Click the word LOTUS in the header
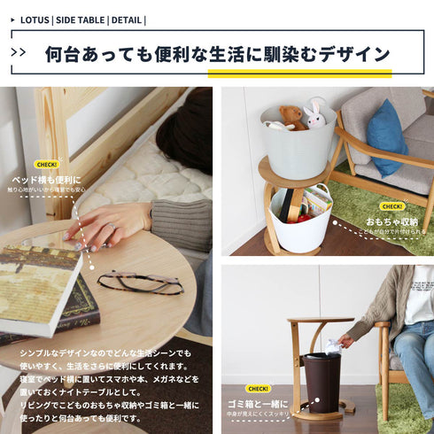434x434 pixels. coord(34,19)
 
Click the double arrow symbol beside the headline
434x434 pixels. coord(19,52)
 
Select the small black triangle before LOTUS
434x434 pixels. coord(12,19)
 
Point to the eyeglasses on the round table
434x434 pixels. coord(140,283)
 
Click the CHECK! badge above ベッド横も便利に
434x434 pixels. coord(46,164)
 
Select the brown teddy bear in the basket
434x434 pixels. coord(291,116)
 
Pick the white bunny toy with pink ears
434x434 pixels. coord(314,113)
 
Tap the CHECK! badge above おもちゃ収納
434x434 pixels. coord(391,206)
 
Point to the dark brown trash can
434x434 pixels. coord(322,381)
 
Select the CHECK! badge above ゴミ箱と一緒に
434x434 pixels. coord(258,388)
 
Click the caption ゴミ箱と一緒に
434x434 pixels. coord(257,403)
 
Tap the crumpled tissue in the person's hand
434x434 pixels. coord(332,345)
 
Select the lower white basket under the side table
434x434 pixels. coord(300,221)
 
